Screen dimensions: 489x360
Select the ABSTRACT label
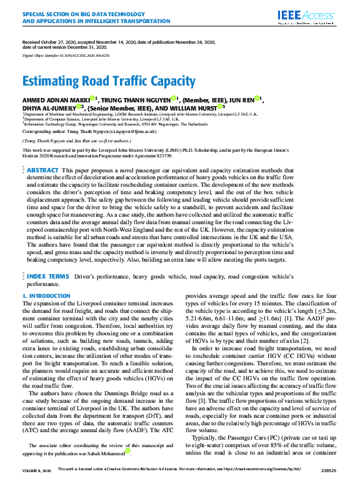tap(43, 170)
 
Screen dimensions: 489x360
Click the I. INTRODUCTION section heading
tap(46, 295)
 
